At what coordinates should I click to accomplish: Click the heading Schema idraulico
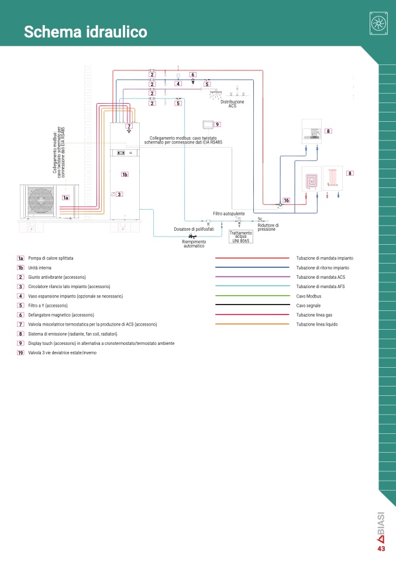(85, 32)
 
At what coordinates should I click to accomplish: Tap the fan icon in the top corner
(378, 23)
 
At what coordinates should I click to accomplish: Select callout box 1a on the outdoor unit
(66, 197)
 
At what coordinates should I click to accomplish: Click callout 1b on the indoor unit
(125, 175)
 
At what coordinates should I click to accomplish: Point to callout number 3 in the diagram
(119, 194)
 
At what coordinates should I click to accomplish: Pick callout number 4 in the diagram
(178, 84)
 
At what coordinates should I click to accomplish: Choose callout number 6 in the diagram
(193, 75)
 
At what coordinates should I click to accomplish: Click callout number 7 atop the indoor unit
(129, 126)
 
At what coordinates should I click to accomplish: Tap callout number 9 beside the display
(217, 125)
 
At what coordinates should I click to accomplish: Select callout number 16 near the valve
(286, 200)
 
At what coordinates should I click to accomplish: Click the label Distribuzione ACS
(232, 104)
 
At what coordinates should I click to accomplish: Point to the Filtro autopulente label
(229, 214)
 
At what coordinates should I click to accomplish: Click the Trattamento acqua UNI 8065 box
(241, 237)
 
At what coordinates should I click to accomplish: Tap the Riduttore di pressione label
(268, 227)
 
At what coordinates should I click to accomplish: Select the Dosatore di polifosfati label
(194, 229)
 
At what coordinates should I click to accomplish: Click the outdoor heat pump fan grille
(41, 201)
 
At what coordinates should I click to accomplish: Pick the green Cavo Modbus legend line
(252, 296)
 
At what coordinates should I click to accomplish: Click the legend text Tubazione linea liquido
(317, 324)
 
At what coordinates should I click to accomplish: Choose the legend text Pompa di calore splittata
(51, 258)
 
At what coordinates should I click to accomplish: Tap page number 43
(381, 549)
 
